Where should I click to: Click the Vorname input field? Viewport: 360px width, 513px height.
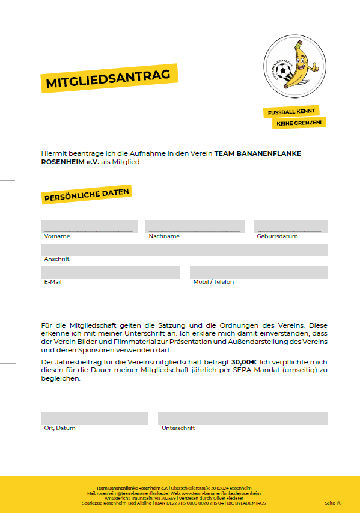[x=89, y=227]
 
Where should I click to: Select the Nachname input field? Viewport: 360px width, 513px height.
[x=195, y=227]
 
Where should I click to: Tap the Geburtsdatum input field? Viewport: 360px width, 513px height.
[x=290, y=227]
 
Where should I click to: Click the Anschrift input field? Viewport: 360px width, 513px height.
[x=184, y=250]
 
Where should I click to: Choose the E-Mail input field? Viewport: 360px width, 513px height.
[x=110, y=272]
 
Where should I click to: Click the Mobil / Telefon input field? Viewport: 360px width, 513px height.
[x=258, y=272]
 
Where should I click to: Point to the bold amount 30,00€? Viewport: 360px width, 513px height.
[x=244, y=363]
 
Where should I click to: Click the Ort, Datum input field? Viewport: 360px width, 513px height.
[x=94, y=419]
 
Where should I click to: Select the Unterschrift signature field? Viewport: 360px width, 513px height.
[x=242, y=419]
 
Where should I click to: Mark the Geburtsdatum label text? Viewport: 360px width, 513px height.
[x=277, y=236]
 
